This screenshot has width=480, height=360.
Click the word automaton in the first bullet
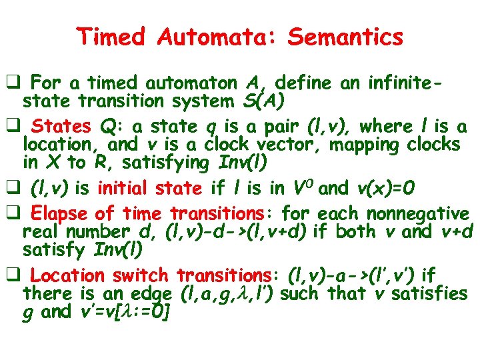(194, 83)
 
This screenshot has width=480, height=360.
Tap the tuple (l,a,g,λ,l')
(229, 293)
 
